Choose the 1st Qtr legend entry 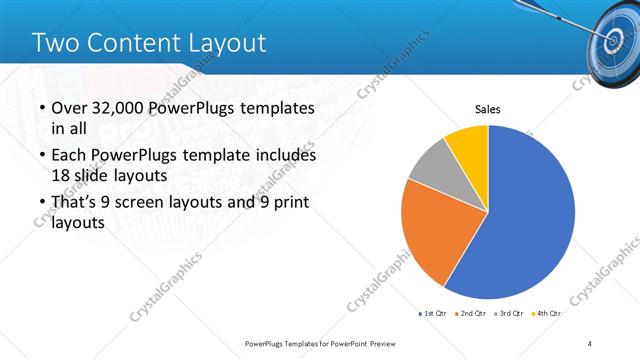click(432, 314)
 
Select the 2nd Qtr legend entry click(470, 314)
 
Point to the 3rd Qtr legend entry click(509, 314)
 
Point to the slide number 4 click(590, 343)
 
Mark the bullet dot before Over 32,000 click(39, 109)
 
